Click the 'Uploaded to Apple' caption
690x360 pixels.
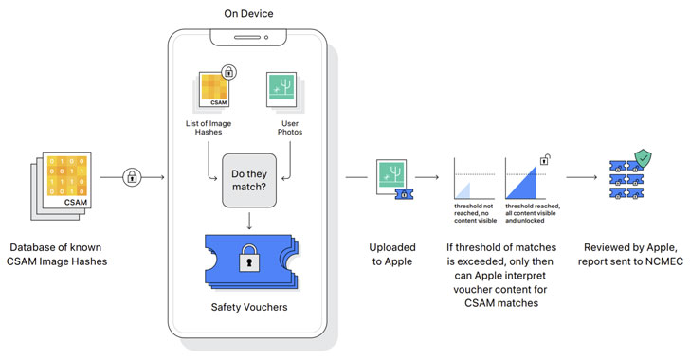point(392,254)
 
